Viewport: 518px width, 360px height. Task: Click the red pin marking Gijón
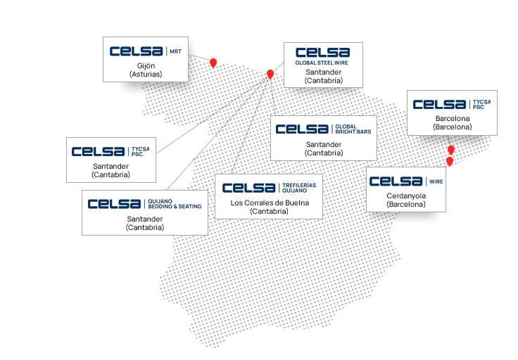tap(213, 63)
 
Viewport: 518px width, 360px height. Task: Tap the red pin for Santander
tap(270, 74)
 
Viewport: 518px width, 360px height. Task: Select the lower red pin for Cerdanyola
tap(450, 162)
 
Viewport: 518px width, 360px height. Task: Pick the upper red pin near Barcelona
tap(451, 150)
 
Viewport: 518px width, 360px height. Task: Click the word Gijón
tap(146, 65)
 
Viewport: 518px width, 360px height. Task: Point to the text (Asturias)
tap(146, 74)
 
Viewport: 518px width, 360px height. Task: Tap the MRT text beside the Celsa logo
tap(175, 51)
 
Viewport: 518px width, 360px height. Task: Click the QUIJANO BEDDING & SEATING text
tap(175, 204)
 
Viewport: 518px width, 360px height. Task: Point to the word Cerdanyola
tap(406, 196)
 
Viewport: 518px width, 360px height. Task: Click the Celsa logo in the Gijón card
tap(137, 51)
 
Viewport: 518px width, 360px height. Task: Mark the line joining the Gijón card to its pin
tap(201, 58)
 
